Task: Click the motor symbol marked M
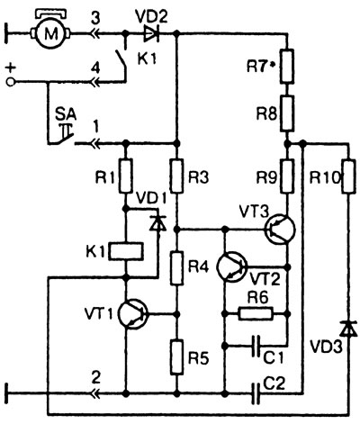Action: [50, 33]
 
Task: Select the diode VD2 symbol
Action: [151, 33]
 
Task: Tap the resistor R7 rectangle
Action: [287, 66]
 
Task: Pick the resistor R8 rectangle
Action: [287, 113]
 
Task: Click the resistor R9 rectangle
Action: [287, 176]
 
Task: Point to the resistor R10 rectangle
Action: [348, 176]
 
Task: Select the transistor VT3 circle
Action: [280, 230]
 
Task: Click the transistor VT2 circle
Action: [232, 266]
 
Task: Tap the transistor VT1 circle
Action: [132, 314]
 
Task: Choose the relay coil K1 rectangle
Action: [126, 251]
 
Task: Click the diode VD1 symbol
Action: [157, 223]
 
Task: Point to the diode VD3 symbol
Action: [348, 329]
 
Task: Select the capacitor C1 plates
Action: [256, 346]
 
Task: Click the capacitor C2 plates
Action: [256, 392]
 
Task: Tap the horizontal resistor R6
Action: [256, 313]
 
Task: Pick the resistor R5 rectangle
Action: [176, 357]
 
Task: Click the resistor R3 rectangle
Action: [176, 176]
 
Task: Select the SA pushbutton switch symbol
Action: [62, 134]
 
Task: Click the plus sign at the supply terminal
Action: [11, 68]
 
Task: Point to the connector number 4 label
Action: [95, 69]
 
